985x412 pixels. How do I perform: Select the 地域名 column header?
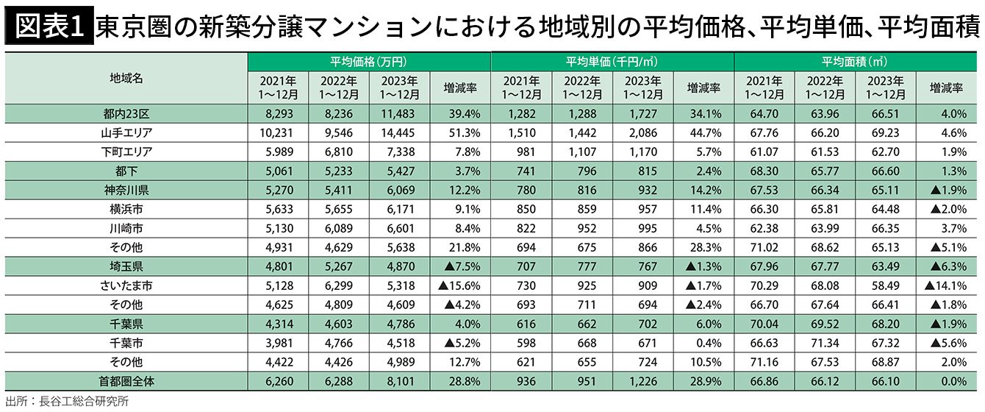point(126,78)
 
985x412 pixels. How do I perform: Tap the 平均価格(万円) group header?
point(368,62)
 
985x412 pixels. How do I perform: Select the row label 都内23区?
point(126,113)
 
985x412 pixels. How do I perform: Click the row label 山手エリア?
point(126,132)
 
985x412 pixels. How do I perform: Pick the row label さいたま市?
point(126,285)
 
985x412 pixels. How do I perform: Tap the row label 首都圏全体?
point(126,380)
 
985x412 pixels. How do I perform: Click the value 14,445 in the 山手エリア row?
point(399,132)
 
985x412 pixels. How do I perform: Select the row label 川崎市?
point(126,228)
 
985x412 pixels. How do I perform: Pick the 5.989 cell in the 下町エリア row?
point(278,152)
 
